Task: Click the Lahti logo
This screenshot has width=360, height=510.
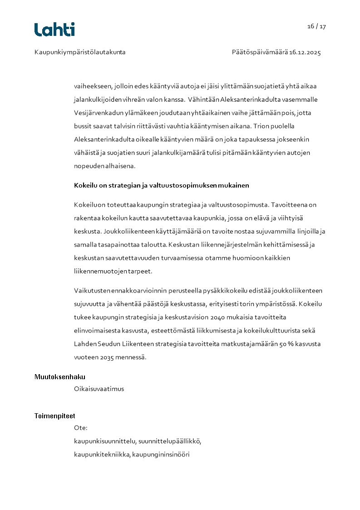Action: point(54,30)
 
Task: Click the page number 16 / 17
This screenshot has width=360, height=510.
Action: point(316,26)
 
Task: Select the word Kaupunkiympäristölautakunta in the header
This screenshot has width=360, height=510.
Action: point(80,52)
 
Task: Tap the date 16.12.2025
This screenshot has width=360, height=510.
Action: point(305,52)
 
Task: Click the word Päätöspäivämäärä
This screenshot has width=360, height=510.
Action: point(260,52)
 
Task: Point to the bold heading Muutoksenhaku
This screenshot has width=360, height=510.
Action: point(60,377)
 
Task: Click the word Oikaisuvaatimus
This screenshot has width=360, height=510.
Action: point(99,389)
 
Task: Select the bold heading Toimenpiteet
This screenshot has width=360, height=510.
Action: point(55,416)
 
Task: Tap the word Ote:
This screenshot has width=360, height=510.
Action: point(81,428)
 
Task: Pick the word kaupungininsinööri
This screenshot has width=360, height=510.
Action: point(161,454)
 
